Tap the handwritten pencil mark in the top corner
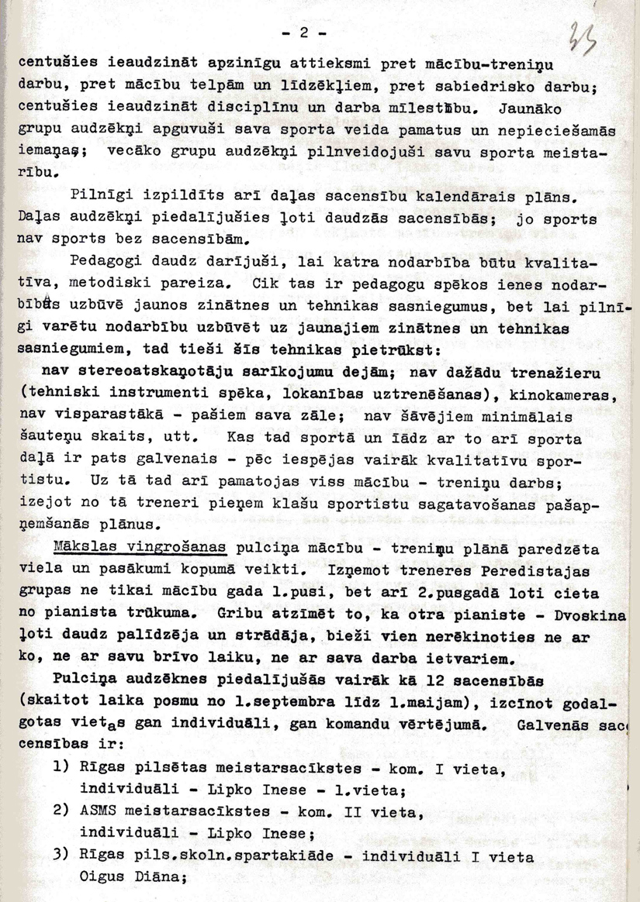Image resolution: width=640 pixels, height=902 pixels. (x=579, y=40)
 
